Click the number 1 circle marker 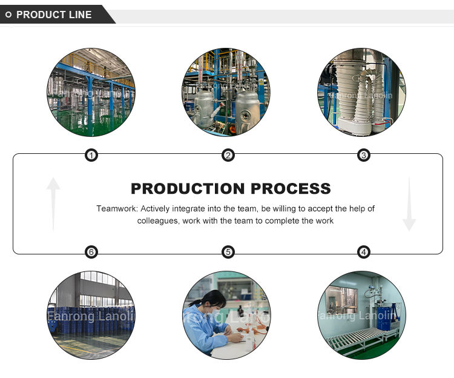(91, 156)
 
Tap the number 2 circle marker (228, 156)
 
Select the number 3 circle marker (363, 156)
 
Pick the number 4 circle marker (363, 252)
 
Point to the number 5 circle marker (228, 252)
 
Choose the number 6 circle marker (91, 252)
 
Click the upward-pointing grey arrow (53, 204)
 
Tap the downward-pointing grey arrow (409, 204)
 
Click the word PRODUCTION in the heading (185, 188)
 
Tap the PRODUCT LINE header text (54, 15)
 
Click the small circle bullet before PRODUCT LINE (8, 15)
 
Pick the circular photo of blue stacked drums (91, 315)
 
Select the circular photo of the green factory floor (91, 92)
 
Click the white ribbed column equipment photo (362, 92)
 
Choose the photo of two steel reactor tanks (226, 92)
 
